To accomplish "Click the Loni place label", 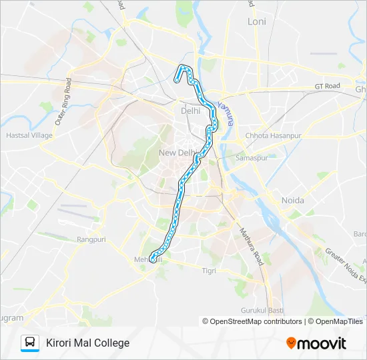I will pyautogui.click(x=257, y=21).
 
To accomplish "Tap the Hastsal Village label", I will pyautogui.click(x=29, y=135).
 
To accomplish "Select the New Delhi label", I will pyautogui.click(x=176, y=153).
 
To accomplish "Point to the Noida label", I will pyautogui.click(x=293, y=200).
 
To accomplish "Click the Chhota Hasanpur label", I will pyautogui.click(x=274, y=135).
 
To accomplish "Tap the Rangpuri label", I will pyautogui.click(x=91, y=239).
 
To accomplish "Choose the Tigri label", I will pyautogui.click(x=210, y=271).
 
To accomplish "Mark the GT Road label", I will pyautogui.click(x=328, y=86).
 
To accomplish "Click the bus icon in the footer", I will pyautogui.click(x=30, y=343).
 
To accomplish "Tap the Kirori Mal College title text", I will pyautogui.click(x=87, y=343).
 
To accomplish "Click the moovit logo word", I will pyautogui.click(x=322, y=343).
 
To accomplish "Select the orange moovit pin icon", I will pyautogui.click(x=291, y=343).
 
